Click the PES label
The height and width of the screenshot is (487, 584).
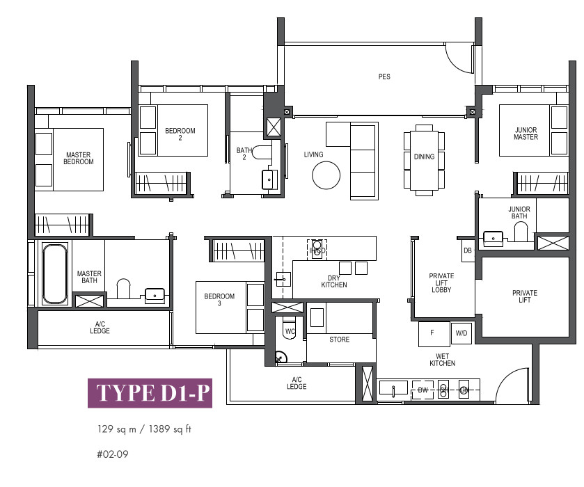(x=384, y=77)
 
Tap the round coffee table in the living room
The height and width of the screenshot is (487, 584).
(x=326, y=175)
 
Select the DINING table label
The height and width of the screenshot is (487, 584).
(x=424, y=157)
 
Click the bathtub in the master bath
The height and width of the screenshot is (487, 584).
(x=55, y=273)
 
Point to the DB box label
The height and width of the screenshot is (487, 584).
(x=468, y=250)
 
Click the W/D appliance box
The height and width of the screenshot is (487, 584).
(x=461, y=333)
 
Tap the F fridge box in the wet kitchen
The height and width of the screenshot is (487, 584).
(x=434, y=334)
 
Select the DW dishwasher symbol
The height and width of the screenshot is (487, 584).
(x=423, y=390)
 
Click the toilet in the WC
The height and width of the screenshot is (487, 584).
(x=290, y=328)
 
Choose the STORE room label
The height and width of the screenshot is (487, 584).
(x=339, y=340)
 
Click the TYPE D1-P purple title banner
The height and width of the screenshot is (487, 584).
(x=150, y=393)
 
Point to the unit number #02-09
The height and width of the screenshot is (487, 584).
(x=113, y=454)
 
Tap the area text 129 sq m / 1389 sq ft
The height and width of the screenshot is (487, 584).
(x=144, y=429)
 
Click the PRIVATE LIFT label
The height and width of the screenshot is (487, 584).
(x=524, y=296)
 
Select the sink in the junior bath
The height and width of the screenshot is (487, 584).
(x=493, y=237)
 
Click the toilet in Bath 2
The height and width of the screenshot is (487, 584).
(x=262, y=152)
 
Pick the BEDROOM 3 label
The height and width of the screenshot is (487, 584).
(x=219, y=300)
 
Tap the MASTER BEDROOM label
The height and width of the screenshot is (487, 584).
(x=78, y=158)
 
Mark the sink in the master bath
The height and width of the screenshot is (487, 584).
(x=155, y=294)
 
